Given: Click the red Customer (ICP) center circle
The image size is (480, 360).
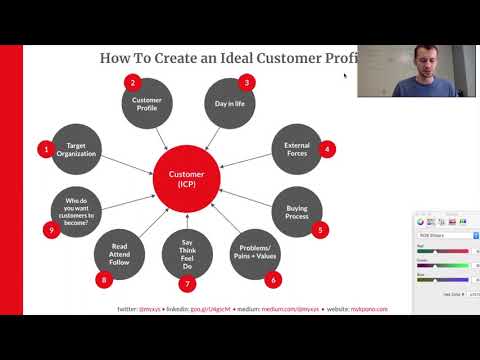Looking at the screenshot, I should [187, 178].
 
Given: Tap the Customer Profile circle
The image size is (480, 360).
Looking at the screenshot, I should [148, 103].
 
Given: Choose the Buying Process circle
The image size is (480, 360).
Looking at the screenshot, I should [297, 212].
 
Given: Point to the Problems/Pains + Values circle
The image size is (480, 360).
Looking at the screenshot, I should [254, 255].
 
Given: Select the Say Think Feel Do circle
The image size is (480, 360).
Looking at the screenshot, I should [187, 255].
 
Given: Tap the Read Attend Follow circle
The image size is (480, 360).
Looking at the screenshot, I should [120, 255].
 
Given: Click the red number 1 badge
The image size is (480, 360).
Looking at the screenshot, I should [45, 150].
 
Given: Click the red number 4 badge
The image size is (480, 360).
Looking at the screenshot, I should [327, 149].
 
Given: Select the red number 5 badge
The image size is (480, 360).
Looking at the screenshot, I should [321, 229].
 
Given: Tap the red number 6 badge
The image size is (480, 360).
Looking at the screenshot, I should [272, 280].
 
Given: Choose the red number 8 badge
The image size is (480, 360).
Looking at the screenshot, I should [103, 280].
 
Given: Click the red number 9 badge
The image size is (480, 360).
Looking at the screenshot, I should [51, 230].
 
